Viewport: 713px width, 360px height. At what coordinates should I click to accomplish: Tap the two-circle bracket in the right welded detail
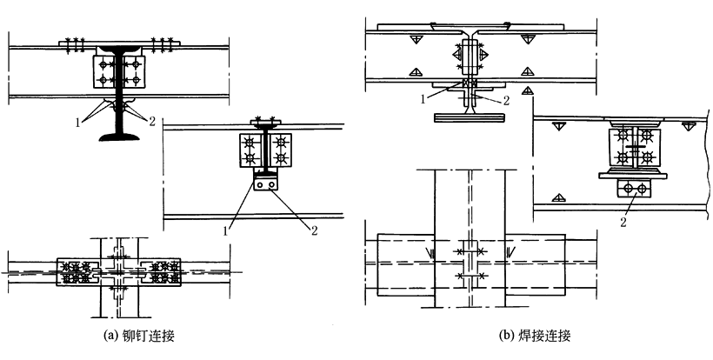pyautogui.click(x=632, y=188)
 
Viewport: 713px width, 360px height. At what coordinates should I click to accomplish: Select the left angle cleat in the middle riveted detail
pyautogui.click(x=250, y=149)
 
